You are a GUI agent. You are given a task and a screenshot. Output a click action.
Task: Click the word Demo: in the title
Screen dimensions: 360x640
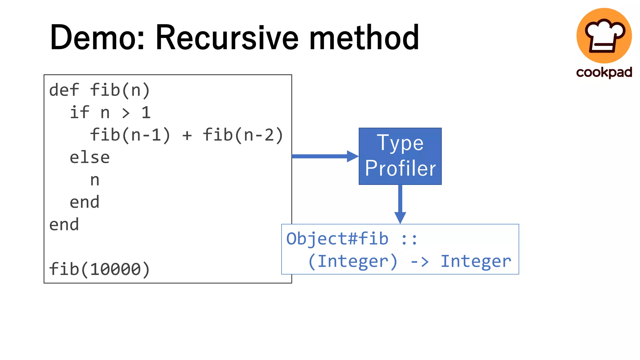[x=97, y=37]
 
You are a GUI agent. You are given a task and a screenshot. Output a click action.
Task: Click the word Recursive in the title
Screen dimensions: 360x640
[x=227, y=37]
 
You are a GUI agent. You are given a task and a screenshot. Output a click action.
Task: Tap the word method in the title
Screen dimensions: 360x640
[x=364, y=37]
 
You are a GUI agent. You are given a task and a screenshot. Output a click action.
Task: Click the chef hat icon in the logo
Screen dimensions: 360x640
[x=604, y=35]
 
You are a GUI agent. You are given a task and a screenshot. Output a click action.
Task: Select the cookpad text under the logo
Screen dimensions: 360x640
[x=604, y=72]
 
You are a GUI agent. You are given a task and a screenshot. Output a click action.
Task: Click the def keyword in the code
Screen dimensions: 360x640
[x=64, y=90]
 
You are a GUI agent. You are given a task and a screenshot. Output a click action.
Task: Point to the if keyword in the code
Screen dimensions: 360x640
[x=79, y=112]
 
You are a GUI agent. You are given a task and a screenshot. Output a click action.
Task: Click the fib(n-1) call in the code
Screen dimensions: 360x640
[x=130, y=135]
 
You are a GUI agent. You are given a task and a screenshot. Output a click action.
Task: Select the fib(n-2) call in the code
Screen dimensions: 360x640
[x=243, y=135]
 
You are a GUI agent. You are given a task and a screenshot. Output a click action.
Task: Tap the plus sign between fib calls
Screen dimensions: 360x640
[x=187, y=135]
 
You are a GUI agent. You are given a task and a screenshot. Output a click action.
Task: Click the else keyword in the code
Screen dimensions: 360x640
[x=90, y=157]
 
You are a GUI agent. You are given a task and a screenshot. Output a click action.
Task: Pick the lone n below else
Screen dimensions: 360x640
[x=95, y=180]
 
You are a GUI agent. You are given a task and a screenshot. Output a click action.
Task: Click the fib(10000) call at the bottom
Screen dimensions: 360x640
[x=99, y=269]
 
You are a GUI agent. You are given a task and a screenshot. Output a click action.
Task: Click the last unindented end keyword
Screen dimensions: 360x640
[x=64, y=224]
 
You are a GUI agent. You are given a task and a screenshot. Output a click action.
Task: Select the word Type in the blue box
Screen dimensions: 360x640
[x=400, y=143]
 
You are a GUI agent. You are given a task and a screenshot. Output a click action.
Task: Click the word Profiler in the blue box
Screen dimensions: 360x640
[x=400, y=168]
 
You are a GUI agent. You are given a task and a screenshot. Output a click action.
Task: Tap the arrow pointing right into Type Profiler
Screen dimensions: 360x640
[x=325, y=156]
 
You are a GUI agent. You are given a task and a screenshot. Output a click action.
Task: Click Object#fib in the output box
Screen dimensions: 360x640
[x=337, y=239]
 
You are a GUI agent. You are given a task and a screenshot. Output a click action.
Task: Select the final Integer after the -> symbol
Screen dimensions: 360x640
[x=476, y=261]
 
